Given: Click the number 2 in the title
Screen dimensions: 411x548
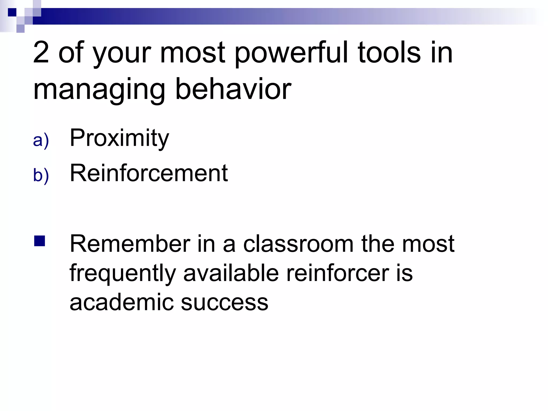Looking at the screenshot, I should click(41, 53).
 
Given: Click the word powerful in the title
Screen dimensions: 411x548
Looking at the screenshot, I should click(292, 54).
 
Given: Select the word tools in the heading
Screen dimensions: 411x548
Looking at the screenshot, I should click(389, 53).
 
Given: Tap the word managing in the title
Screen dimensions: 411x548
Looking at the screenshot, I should click(99, 90).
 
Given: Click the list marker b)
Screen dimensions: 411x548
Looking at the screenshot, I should click(41, 175).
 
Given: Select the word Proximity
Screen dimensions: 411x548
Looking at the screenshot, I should click(119, 138).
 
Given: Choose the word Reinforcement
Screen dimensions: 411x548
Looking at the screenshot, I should click(149, 173).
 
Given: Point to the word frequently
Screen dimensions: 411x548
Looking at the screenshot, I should click(123, 273).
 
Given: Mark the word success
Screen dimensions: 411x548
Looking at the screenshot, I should click(224, 302).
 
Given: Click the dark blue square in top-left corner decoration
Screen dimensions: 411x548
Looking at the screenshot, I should click(12, 12).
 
